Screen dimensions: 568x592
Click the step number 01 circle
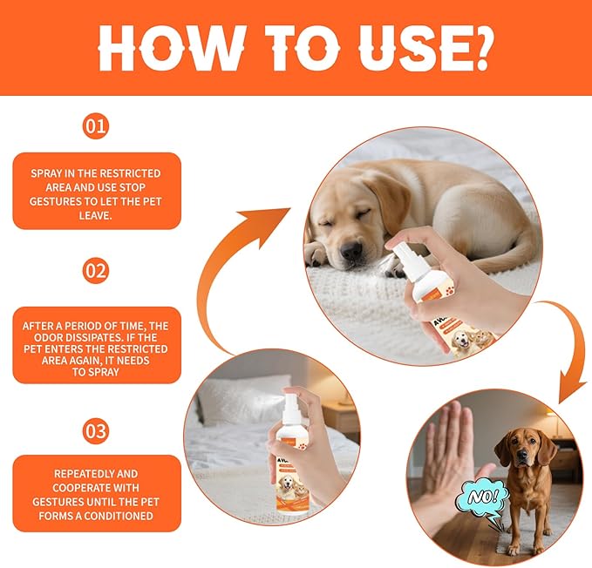click(x=96, y=126)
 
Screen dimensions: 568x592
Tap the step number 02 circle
click(x=96, y=271)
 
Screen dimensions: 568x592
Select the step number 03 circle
click(x=96, y=430)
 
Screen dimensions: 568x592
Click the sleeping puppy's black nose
click(x=350, y=252)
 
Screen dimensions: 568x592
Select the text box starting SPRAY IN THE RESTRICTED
click(x=96, y=191)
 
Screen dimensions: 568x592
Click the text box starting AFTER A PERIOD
click(x=96, y=346)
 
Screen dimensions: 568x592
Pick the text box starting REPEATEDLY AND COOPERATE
click(x=96, y=494)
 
